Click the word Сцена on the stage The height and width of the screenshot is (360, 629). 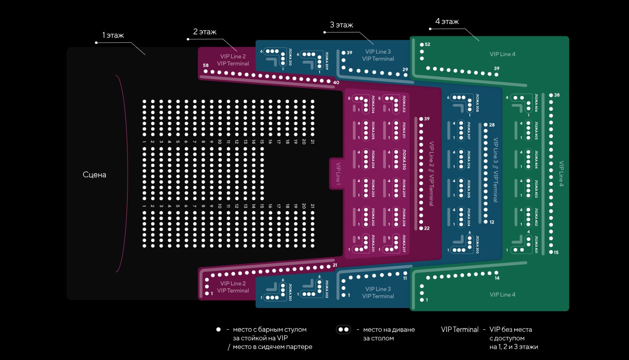[x=94, y=175]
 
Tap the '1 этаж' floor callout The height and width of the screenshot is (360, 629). [x=113, y=35]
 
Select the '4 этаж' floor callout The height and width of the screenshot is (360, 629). [x=447, y=21]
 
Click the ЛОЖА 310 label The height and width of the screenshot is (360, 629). [x=290, y=57]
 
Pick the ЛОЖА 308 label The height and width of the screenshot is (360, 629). [x=477, y=102]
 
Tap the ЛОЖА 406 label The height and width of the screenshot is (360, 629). [x=536, y=103]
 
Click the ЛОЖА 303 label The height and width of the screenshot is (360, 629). [x=477, y=245]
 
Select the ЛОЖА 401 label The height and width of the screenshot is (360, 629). [x=536, y=245]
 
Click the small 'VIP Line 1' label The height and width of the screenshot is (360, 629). [x=338, y=172]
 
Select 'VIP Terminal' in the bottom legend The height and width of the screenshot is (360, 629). [x=460, y=329]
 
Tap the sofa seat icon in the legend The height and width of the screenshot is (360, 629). [x=344, y=330]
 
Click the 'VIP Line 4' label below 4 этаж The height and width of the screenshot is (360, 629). [x=502, y=54]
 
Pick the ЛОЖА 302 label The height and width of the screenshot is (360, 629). [x=326, y=288]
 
